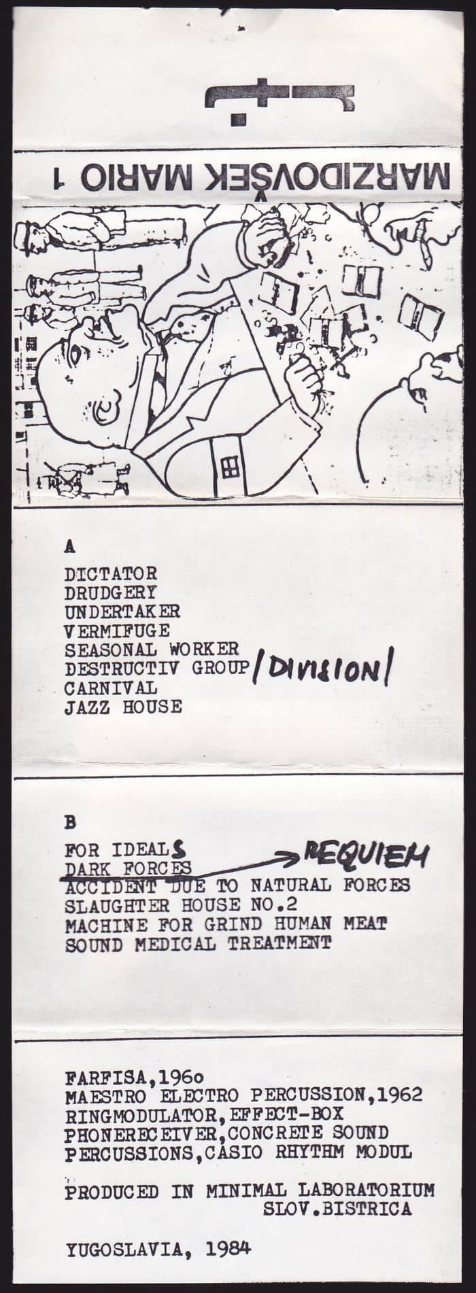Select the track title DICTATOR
(x=111, y=573)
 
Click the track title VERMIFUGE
(x=117, y=631)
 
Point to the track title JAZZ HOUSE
(x=124, y=707)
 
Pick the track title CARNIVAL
(x=111, y=688)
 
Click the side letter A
(x=69, y=545)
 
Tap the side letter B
(x=69, y=822)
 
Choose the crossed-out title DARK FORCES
(x=129, y=868)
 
